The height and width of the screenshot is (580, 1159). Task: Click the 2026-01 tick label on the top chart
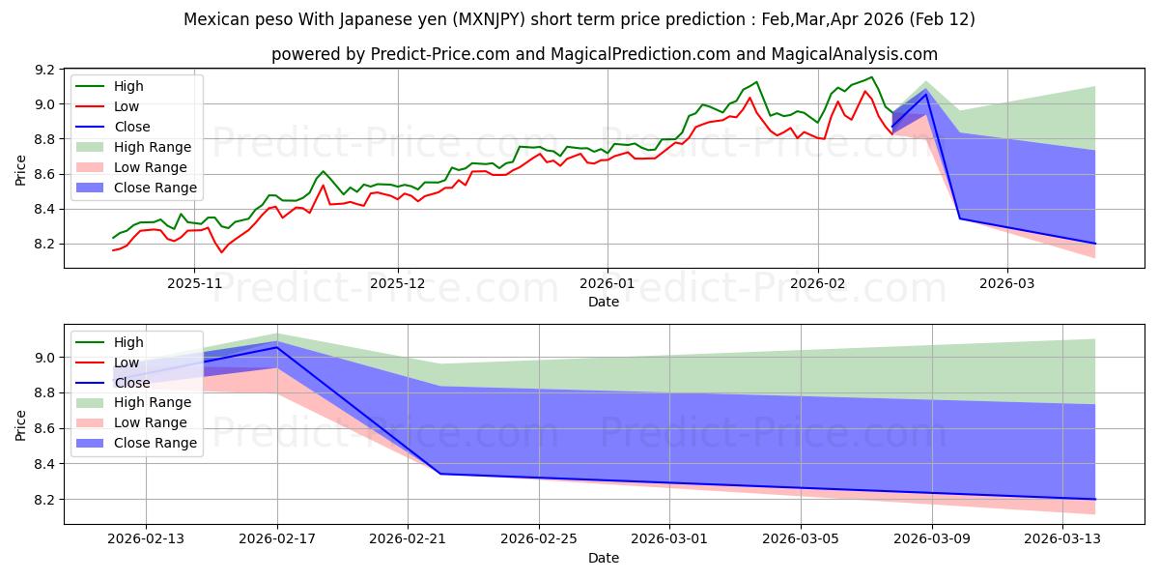click(607, 284)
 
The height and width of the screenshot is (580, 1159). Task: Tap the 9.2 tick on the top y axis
click(42, 70)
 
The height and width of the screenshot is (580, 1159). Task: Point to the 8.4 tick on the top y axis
click(42, 209)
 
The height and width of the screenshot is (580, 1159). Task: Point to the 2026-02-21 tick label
click(408, 540)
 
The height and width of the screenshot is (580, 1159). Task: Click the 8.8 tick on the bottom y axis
click(42, 393)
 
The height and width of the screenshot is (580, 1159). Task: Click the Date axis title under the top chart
click(604, 302)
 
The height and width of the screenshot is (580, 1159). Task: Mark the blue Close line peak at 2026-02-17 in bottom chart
click(277, 347)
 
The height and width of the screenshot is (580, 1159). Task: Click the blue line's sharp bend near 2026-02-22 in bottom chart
click(440, 474)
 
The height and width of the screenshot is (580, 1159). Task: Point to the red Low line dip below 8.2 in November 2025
click(221, 252)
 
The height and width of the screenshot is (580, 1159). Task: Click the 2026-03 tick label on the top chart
click(1007, 284)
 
